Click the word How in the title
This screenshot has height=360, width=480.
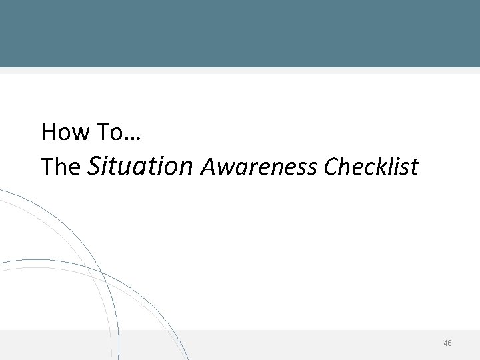(x=64, y=132)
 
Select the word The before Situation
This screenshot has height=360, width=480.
(x=61, y=167)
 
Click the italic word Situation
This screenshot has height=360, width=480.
(x=139, y=165)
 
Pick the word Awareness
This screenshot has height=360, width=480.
(x=259, y=167)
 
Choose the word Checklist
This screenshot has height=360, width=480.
(x=371, y=167)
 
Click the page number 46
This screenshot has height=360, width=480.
(x=447, y=343)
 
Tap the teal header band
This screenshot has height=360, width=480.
(x=240, y=33)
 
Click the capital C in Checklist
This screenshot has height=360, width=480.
(x=329, y=167)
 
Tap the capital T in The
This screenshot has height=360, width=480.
(x=47, y=167)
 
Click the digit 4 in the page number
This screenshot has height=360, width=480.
(x=445, y=343)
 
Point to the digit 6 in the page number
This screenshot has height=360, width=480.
(x=450, y=343)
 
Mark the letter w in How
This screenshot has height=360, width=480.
(x=79, y=133)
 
